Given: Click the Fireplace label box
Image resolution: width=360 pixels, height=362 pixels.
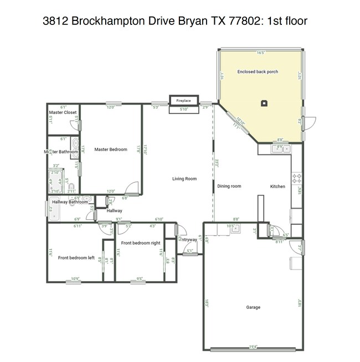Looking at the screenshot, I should click(x=183, y=101).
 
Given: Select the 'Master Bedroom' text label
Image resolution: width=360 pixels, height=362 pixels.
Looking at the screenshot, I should click(x=111, y=149).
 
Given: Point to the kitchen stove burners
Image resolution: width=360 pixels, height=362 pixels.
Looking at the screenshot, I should click(x=296, y=178).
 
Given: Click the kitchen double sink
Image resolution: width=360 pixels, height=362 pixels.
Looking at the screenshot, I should click(x=281, y=148).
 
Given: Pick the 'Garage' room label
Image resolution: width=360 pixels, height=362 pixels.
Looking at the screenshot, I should click(x=253, y=307).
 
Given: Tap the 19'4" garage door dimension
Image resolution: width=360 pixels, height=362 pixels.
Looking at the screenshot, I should click(x=253, y=347).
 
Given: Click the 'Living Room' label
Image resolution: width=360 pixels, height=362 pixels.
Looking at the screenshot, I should click(x=184, y=179).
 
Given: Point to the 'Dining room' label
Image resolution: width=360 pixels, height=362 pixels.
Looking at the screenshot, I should click(x=229, y=187).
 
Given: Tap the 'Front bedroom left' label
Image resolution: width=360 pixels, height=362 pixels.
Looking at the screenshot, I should click(x=76, y=258).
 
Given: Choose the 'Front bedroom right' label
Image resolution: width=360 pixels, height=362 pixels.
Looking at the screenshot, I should click(x=141, y=243).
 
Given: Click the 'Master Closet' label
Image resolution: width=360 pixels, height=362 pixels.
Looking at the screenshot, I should click(x=63, y=112).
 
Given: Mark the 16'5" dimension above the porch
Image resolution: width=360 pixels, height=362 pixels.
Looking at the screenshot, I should click(x=261, y=53).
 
